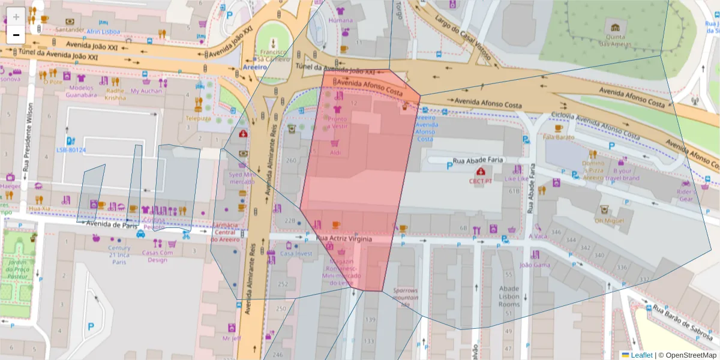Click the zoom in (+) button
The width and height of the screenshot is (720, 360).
point(16,16)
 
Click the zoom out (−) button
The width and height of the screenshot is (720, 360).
point(16,35)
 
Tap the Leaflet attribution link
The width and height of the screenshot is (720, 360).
point(641,355)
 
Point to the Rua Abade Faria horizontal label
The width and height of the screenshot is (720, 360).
point(478,160)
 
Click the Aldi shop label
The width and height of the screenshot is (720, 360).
point(335,153)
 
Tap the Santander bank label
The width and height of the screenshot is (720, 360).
point(70,29)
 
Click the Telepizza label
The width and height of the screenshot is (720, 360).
point(198,118)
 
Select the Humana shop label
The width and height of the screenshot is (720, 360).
point(341,20)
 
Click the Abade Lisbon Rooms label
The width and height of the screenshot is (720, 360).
point(509,296)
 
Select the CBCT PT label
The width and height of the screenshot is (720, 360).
point(481,181)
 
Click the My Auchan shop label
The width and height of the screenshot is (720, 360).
point(146,91)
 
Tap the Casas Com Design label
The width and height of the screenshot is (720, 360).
point(158,256)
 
